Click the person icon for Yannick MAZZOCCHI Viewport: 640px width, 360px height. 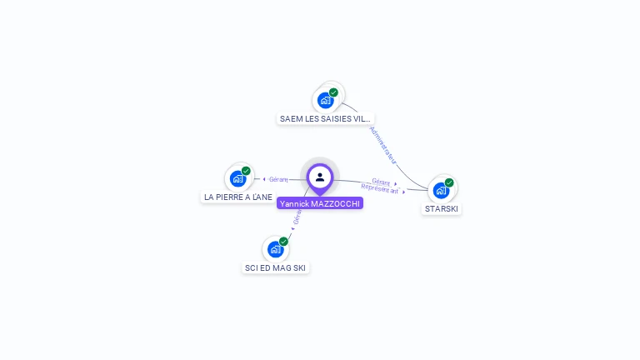320,177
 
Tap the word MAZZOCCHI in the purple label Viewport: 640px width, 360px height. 336,203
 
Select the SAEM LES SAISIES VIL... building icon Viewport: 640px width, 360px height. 326,100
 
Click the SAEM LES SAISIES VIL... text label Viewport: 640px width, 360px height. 326,118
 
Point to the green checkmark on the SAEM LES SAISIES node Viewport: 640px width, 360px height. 333,92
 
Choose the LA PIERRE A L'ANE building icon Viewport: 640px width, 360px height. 238,178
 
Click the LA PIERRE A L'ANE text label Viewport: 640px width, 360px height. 238,197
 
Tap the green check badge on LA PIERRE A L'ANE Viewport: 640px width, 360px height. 246,171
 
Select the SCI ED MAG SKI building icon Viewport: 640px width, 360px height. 276,249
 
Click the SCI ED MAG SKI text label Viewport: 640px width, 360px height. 276,267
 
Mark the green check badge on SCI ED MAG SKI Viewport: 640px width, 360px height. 283,242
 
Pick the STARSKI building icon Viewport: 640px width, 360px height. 442,190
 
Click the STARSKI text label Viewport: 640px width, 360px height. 442,208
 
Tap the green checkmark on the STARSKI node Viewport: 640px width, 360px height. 449,182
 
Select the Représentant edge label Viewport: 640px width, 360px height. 380,189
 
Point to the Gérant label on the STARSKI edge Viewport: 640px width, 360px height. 381,182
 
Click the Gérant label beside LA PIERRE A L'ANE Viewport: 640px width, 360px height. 278,179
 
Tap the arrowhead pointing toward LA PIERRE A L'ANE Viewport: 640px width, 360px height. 264,179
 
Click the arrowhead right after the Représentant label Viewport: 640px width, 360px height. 404,192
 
